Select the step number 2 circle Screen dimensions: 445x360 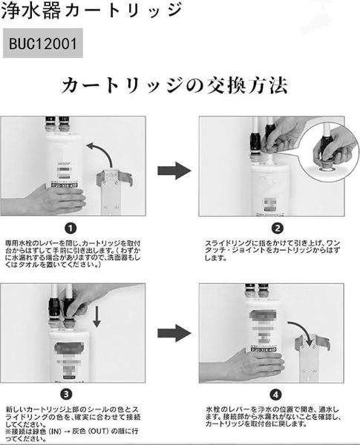[x=278, y=228]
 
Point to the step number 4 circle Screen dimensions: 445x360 [x=277, y=394]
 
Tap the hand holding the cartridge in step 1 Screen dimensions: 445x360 [x=55, y=198]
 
